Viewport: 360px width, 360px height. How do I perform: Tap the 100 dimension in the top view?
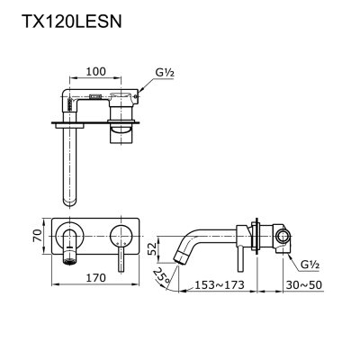point(97,69)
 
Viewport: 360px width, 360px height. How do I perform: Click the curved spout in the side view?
point(193,241)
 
